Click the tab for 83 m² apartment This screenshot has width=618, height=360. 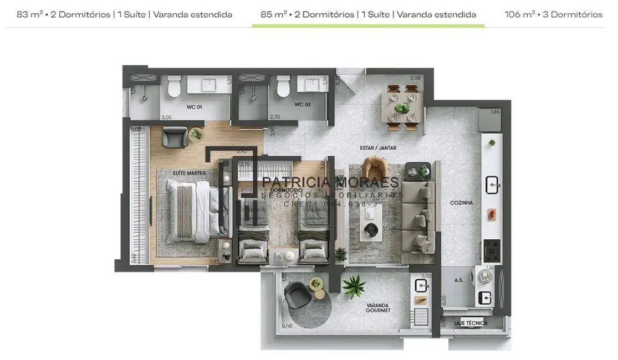pyautogui.click(x=124, y=14)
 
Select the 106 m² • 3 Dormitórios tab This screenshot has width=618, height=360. pyautogui.click(x=553, y=14)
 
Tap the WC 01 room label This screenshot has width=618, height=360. pyautogui.click(x=194, y=106)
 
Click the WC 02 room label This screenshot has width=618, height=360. pyautogui.click(x=302, y=104)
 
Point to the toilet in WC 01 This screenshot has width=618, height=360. pyautogui.click(x=175, y=86)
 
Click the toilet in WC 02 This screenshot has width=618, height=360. pyautogui.click(x=283, y=86)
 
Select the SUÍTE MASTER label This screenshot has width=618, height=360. pyautogui.click(x=188, y=173)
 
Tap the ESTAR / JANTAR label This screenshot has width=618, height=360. pyautogui.click(x=378, y=148)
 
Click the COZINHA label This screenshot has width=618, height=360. pyautogui.click(x=461, y=203)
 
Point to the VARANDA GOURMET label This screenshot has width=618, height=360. pyautogui.click(x=378, y=308)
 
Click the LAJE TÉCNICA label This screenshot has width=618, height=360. pyautogui.click(x=471, y=323)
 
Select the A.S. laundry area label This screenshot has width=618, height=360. pyautogui.click(x=458, y=280)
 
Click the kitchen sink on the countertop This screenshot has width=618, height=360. pyautogui.click(x=492, y=184)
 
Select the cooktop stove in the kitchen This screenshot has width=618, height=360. pyautogui.click(x=492, y=250)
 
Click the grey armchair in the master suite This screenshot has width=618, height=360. pyautogui.click(x=175, y=137)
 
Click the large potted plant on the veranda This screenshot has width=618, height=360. pyautogui.click(x=353, y=286)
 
